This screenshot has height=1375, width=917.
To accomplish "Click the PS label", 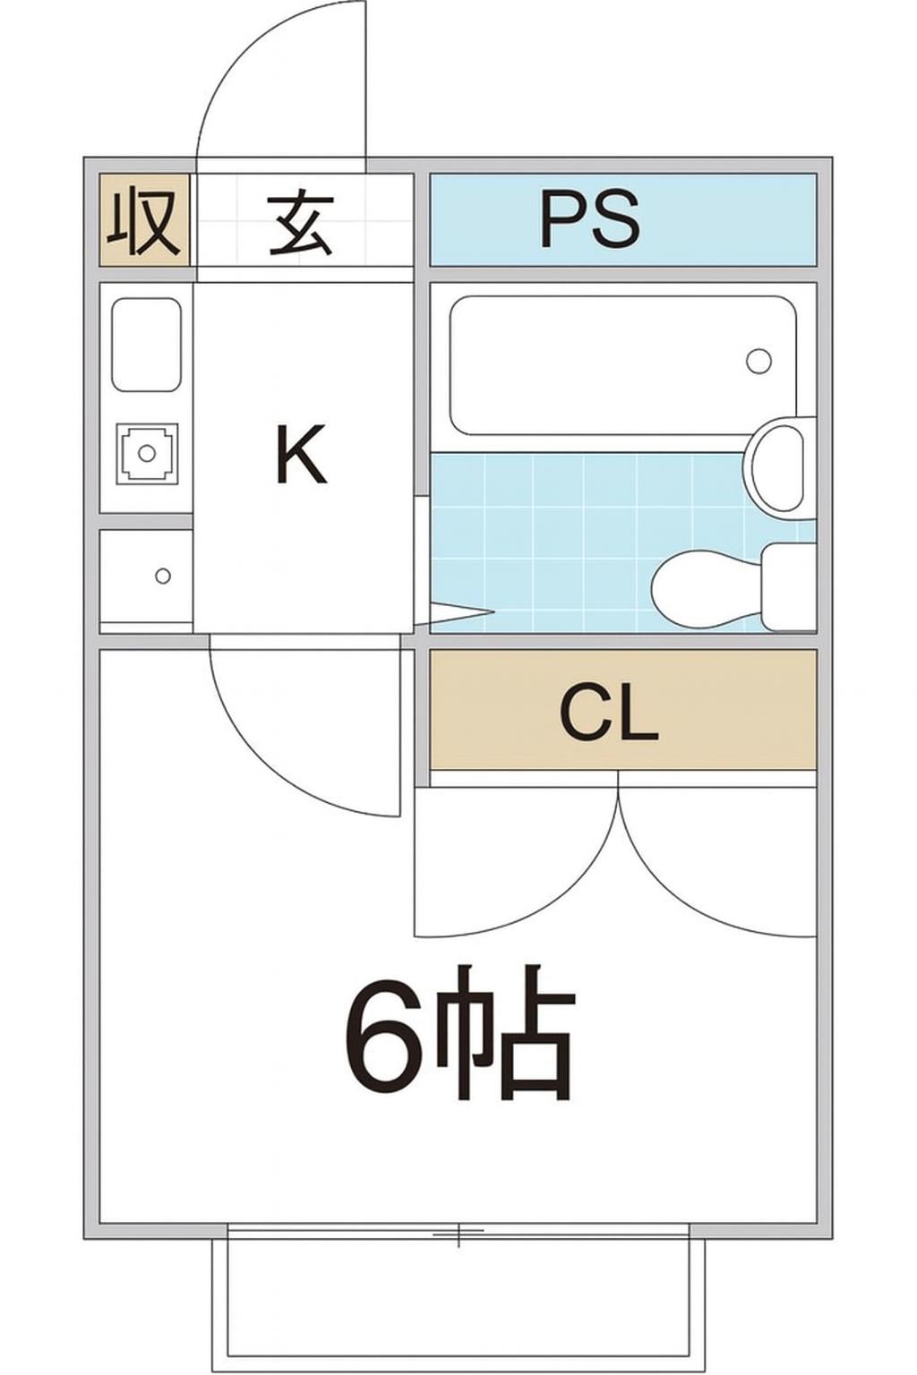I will (590, 219).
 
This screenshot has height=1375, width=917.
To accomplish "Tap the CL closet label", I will (609, 713).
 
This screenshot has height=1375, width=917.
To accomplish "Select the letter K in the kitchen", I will (300, 455).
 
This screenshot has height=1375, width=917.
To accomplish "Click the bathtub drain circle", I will (758, 361).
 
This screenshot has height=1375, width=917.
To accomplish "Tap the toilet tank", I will (788, 586).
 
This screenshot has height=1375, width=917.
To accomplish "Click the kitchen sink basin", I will (146, 345).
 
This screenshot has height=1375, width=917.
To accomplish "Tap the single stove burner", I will (147, 453).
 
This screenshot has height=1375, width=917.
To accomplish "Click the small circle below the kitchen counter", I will (162, 576).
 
